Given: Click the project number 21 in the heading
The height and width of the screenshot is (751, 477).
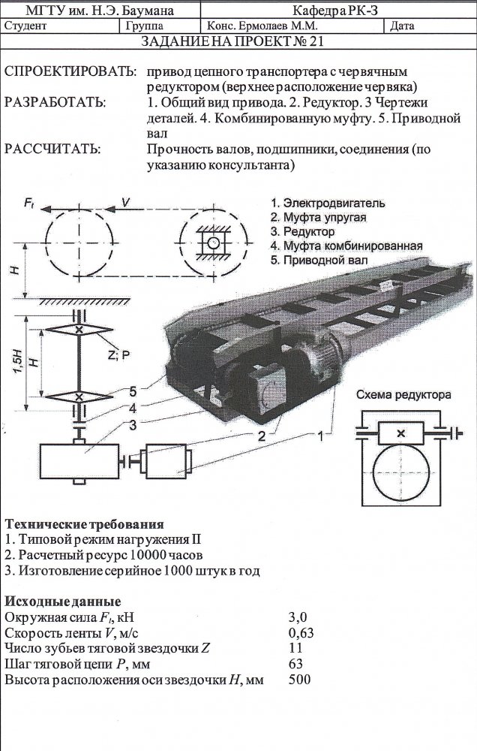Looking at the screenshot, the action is coord(316,41).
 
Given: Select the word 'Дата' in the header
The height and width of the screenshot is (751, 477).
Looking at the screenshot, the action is coord(402,26).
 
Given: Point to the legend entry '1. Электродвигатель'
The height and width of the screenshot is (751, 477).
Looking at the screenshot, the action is coord(327,203).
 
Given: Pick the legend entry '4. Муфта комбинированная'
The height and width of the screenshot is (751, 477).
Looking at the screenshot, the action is coord(346,246).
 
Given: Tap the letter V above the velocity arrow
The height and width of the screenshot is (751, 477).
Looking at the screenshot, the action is coord(125,202).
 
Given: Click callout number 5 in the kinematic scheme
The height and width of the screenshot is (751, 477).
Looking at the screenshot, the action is coord(133,392).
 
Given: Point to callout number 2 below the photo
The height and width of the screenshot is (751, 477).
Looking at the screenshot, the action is coord(262,436).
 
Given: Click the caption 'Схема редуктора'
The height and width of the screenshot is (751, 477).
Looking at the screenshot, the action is coord(403,395).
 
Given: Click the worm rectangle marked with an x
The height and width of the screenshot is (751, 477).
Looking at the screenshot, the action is coord(401,433).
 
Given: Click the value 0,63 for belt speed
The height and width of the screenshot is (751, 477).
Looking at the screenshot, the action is coord(301,632).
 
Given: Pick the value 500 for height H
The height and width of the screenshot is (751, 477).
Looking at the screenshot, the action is coord(299,679).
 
